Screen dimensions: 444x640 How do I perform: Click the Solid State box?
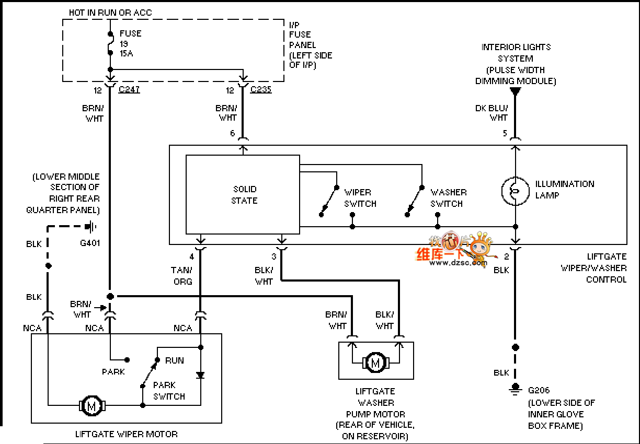(x=243, y=194)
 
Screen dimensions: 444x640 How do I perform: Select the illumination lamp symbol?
(x=515, y=191)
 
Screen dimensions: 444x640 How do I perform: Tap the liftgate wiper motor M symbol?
(x=92, y=405)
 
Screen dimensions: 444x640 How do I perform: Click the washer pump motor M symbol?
(x=375, y=362)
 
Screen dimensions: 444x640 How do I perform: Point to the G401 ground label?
(x=89, y=243)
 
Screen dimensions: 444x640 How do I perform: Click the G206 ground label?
(x=539, y=390)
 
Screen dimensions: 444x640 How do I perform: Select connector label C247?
(x=129, y=90)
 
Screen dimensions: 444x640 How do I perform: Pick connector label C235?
(x=261, y=90)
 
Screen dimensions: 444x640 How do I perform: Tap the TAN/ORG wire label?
(x=181, y=276)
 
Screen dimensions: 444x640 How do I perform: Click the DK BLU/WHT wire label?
(x=491, y=112)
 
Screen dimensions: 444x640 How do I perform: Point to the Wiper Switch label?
(x=360, y=198)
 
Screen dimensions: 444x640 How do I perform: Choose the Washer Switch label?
(x=448, y=198)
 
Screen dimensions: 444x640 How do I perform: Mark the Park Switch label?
(x=169, y=391)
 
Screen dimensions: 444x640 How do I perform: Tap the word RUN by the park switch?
(x=174, y=360)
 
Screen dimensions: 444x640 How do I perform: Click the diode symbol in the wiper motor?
(x=200, y=375)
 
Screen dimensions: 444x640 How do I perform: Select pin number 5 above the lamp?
(x=505, y=134)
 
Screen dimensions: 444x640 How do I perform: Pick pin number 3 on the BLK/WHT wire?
(x=273, y=256)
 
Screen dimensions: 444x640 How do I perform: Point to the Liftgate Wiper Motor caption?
(x=126, y=434)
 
